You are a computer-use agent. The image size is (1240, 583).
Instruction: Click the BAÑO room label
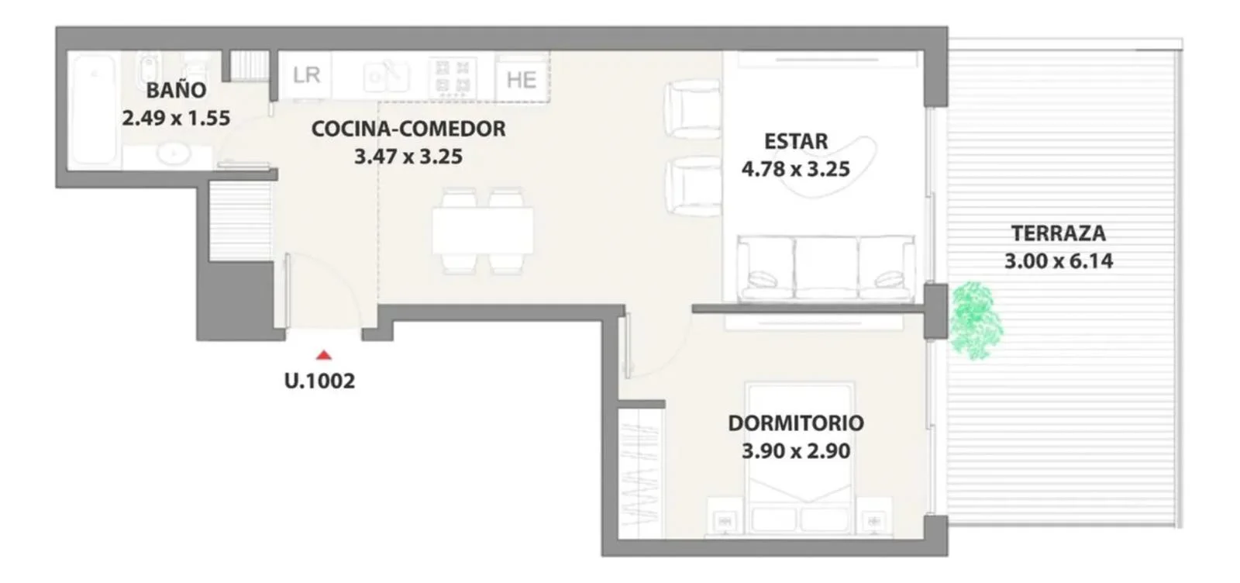click(176, 90)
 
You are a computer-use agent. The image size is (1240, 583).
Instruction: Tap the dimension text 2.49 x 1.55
click(176, 118)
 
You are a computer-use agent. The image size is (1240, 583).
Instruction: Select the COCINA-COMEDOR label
click(408, 129)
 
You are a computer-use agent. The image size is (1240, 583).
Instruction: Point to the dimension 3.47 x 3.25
click(408, 156)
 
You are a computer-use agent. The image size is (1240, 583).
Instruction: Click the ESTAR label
click(796, 141)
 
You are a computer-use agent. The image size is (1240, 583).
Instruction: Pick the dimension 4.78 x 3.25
click(796, 169)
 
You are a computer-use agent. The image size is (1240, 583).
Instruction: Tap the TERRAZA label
click(1059, 233)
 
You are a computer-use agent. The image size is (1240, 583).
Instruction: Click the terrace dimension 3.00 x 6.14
click(1059, 260)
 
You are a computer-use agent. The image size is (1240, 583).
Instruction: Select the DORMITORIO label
click(796, 423)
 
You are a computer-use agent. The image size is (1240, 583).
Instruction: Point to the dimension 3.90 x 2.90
click(796, 450)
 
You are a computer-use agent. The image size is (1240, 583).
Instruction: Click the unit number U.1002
click(319, 381)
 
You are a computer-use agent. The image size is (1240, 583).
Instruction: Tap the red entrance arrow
click(324, 355)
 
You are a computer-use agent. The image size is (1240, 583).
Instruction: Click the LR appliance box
click(305, 75)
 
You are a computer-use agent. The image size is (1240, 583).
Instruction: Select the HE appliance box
click(522, 78)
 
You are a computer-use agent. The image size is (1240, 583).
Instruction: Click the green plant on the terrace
click(976, 320)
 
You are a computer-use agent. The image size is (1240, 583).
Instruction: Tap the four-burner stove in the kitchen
click(453, 77)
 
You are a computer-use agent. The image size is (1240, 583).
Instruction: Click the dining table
click(483, 230)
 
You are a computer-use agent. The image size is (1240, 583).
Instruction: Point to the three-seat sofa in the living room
click(825, 268)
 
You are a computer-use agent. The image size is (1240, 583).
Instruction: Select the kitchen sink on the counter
click(387, 77)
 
